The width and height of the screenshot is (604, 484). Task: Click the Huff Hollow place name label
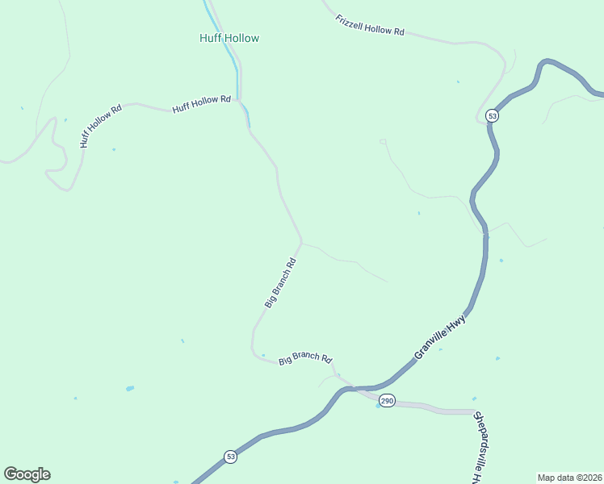(x=229, y=38)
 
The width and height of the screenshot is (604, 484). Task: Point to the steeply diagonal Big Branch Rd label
(x=280, y=282)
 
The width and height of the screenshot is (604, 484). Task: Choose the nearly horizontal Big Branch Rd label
(x=305, y=359)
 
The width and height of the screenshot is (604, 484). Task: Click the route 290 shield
(x=388, y=401)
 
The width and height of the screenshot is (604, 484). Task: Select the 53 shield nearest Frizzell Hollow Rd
(x=493, y=116)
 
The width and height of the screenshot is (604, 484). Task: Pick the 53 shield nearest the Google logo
(x=230, y=457)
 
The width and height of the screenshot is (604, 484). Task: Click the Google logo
(x=27, y=474)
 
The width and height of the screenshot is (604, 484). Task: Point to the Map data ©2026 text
(x=568, y=477)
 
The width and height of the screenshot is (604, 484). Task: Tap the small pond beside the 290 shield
(x=378, y=406)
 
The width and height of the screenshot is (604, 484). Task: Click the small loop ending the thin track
(x=383, y=141)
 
